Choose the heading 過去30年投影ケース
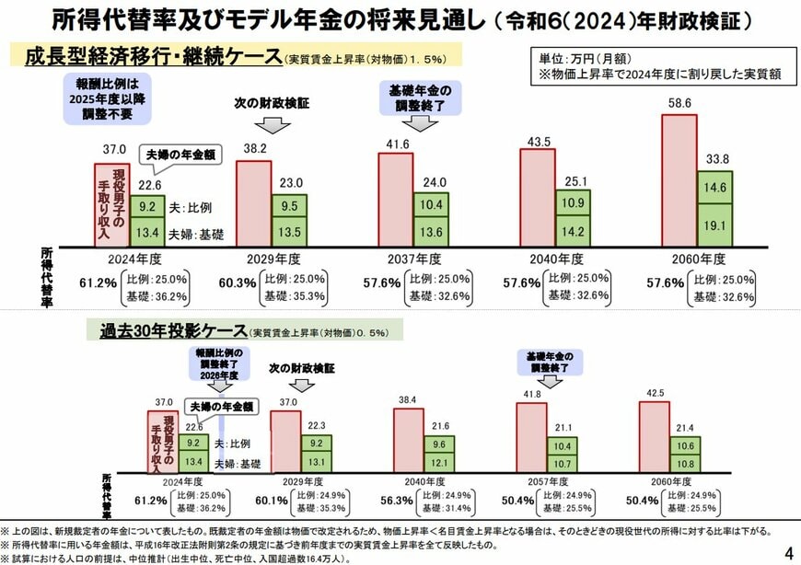173,330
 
